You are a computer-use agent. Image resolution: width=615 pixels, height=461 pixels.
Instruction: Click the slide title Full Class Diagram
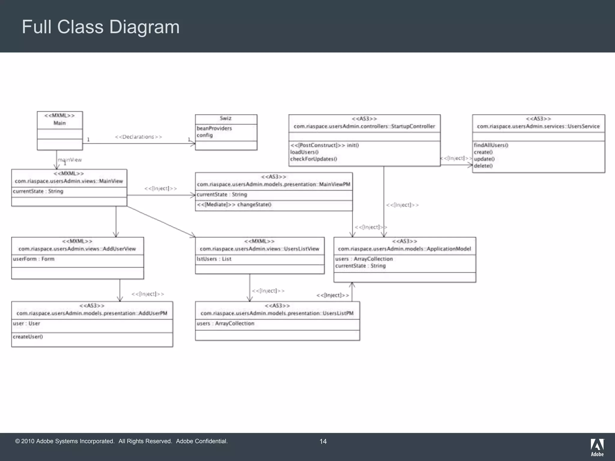point(101,27)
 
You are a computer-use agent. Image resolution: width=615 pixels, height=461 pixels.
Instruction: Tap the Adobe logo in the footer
point(597,447)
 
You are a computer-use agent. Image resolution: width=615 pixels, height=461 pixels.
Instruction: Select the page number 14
point(323,441)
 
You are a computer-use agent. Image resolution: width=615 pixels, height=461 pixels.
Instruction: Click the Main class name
point(59,123)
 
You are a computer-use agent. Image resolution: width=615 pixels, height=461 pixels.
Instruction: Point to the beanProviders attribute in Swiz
point(214,128)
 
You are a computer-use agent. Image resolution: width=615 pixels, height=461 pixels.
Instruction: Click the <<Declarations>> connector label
point(138,137)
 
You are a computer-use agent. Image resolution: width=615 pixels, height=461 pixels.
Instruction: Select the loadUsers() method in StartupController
point(304,152)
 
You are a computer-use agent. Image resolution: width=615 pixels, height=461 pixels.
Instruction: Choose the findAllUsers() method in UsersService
point(491,145)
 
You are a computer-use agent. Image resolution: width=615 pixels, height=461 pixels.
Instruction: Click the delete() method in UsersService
point(483,166)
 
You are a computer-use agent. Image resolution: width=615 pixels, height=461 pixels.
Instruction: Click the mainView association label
point(70,160)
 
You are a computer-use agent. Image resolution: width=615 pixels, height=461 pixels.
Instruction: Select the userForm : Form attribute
point(34,259)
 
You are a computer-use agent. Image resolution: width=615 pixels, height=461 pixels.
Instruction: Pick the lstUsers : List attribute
point(214,259)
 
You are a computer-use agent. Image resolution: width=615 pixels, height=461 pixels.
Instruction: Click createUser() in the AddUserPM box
point(28,337)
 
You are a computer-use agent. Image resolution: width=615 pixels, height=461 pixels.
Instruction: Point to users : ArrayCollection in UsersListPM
point(225,324)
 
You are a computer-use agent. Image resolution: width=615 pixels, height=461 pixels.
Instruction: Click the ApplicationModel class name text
point(404,249)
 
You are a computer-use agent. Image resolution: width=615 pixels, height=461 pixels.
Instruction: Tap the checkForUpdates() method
point(314,159)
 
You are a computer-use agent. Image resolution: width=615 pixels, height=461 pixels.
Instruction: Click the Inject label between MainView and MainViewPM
point(160,188)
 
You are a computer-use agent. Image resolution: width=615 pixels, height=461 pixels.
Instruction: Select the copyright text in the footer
point(121,441)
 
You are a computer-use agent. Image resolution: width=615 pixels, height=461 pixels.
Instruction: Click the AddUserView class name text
point(77,249)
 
